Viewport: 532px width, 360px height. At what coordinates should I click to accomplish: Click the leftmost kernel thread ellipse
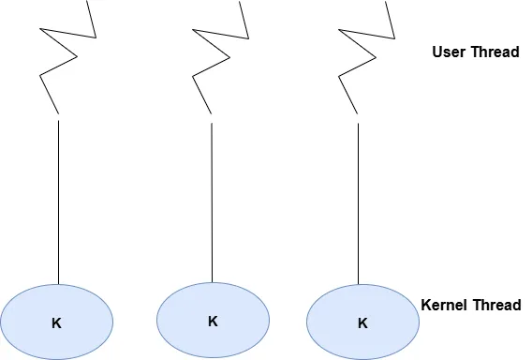[x=57, y=322]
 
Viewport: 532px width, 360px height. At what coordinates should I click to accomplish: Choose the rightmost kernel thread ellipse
[x=362, y=322]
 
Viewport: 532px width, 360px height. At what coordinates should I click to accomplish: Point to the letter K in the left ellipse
[x=56, y=323]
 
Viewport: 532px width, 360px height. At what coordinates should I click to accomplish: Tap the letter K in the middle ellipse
[x=213, y=321]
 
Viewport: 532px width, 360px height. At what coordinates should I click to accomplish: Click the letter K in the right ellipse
[x=362, y=323]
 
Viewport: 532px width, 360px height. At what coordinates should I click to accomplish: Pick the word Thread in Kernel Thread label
[x=496, y=305]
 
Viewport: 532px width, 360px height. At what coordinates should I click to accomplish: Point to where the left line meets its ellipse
[x=59, y=283]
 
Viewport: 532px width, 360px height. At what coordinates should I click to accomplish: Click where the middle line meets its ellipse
[x=212, y=282]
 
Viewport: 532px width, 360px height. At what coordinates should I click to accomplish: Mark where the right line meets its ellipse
[x=358, y=284]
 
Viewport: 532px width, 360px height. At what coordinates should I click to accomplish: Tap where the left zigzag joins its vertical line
[x=59, y=116]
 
